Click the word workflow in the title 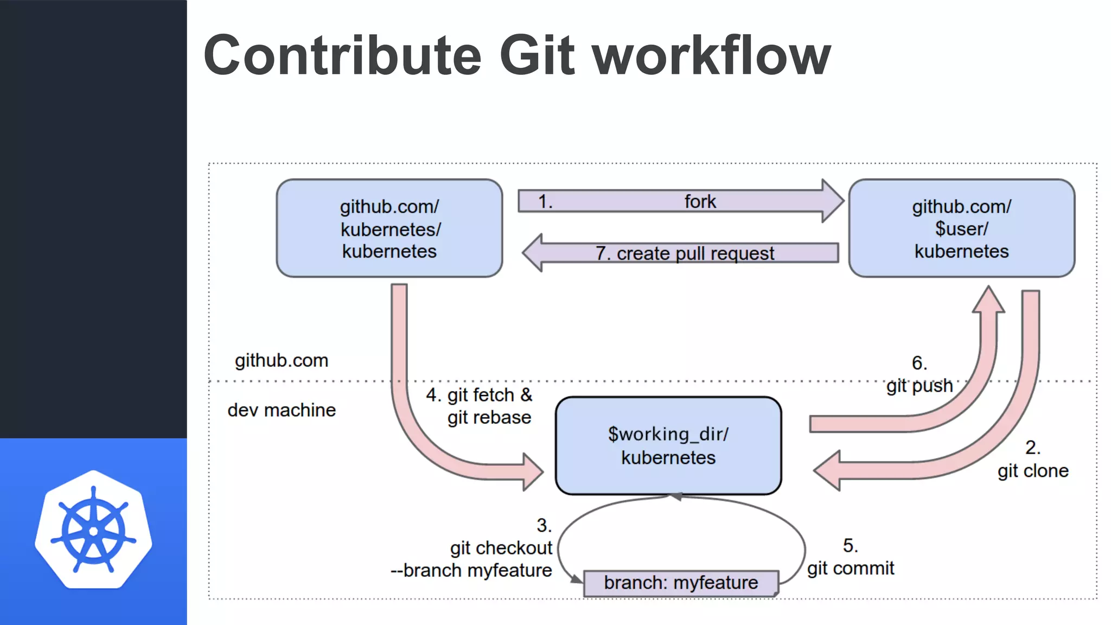pos(711,55)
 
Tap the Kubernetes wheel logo pos(93,530)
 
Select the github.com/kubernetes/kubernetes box pos(390,228)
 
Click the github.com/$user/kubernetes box pos(961,228)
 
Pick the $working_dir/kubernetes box pos(668,445)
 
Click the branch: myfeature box pos(681,583)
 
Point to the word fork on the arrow pos(700,201)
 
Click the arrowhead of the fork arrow pos(832,201)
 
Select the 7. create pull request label pos(685,253)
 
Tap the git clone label pos(1033,470)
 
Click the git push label pos(920,385)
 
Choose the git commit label pos(850,568)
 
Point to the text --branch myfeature pos(471,571)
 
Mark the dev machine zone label pos(282,410)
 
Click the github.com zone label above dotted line pos(282,361)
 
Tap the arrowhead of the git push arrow pos(988,300)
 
